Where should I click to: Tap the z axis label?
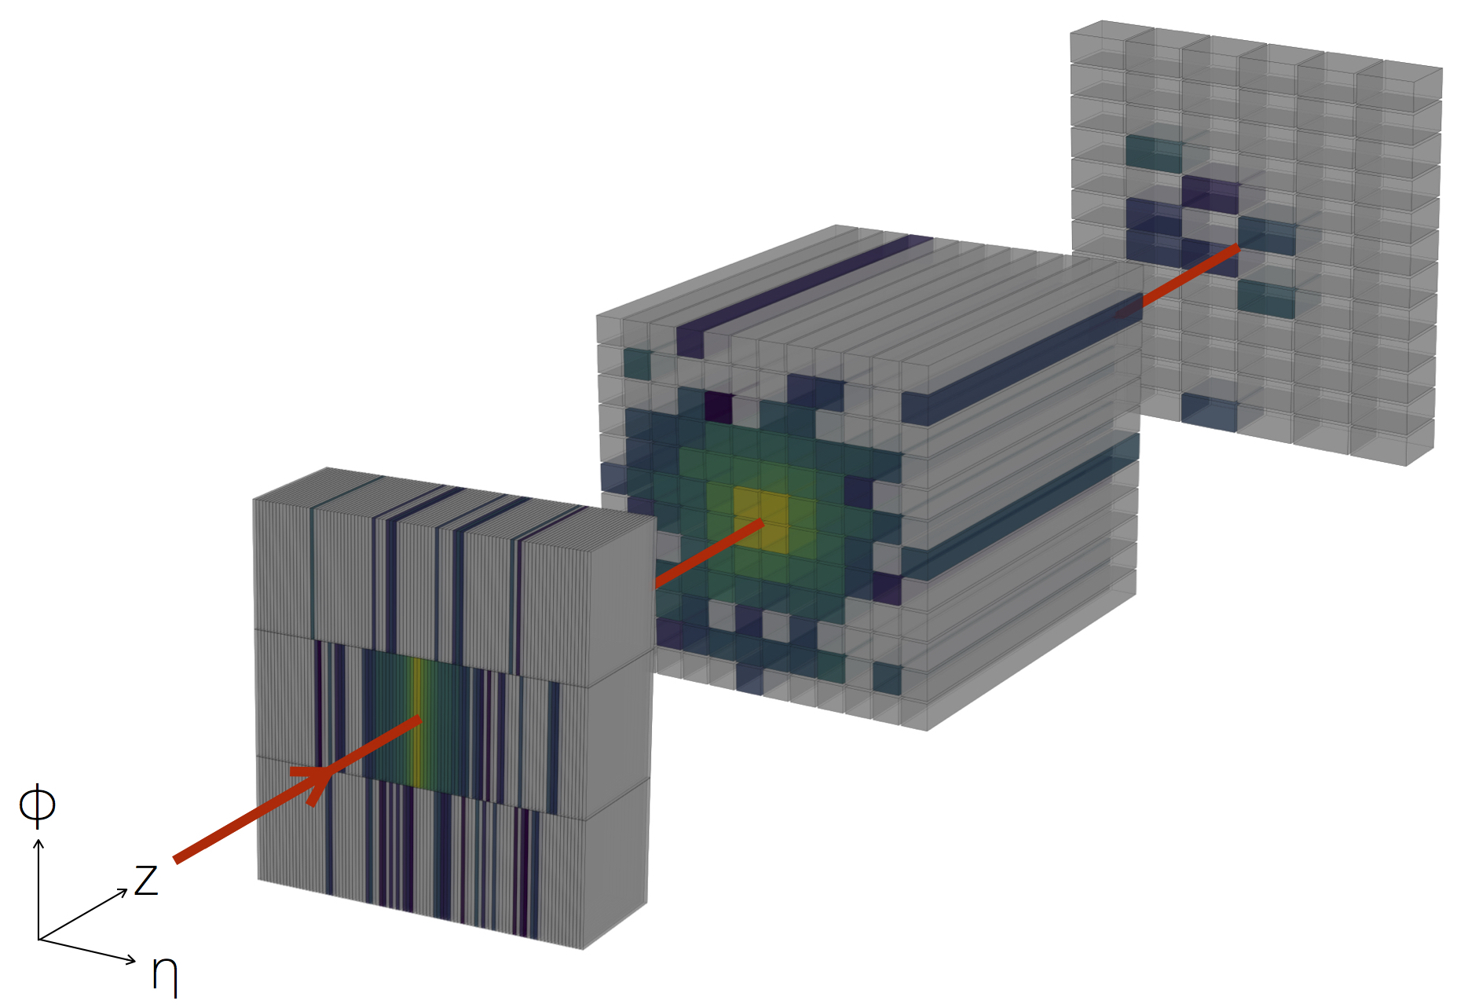[x=146, y=880]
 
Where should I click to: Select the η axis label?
[x=165, y=973]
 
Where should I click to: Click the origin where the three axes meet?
[x=38, y=939]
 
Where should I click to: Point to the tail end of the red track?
[x=176, y=860]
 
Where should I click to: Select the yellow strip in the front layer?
[x=417, y=723]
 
